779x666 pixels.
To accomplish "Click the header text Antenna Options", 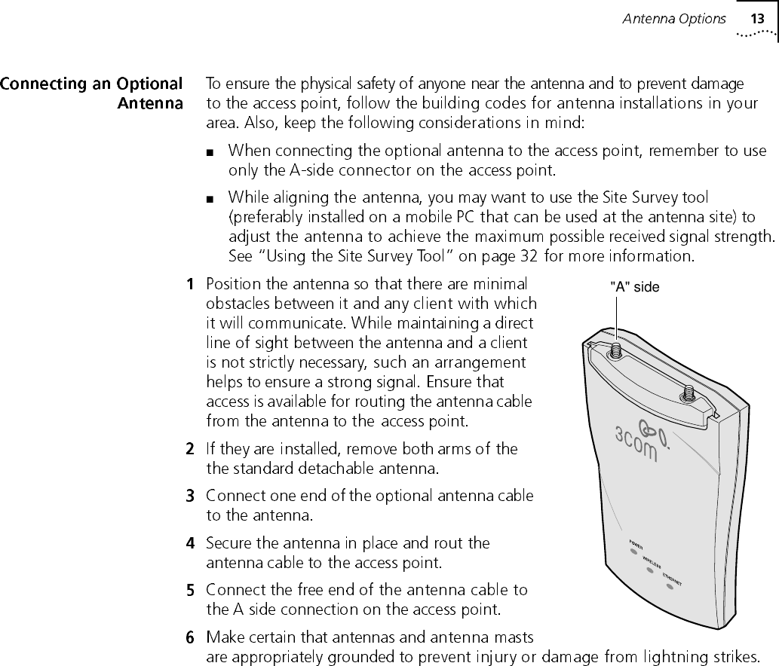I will coord(673,19).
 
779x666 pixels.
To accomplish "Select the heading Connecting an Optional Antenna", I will coord(93,93).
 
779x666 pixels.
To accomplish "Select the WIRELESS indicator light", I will coord(649,570).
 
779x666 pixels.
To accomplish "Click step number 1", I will coord(191,285).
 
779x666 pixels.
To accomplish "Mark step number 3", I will coord(191,496).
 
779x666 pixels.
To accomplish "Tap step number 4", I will coord(191,543).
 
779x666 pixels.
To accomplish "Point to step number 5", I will coord(191,590).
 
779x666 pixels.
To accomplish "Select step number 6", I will coord(191,637).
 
